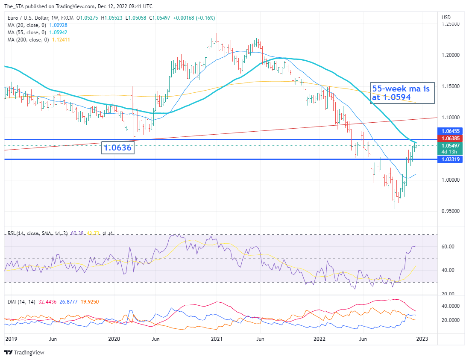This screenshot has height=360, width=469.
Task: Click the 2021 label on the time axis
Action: (217, 339)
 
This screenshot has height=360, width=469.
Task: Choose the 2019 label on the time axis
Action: (11, 339)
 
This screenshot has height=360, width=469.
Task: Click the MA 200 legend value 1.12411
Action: (61, 39)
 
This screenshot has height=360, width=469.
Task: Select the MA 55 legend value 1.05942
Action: (58, 32)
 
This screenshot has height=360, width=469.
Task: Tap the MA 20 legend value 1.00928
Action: (58, 25)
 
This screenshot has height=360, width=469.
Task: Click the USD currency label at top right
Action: (446, 18)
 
